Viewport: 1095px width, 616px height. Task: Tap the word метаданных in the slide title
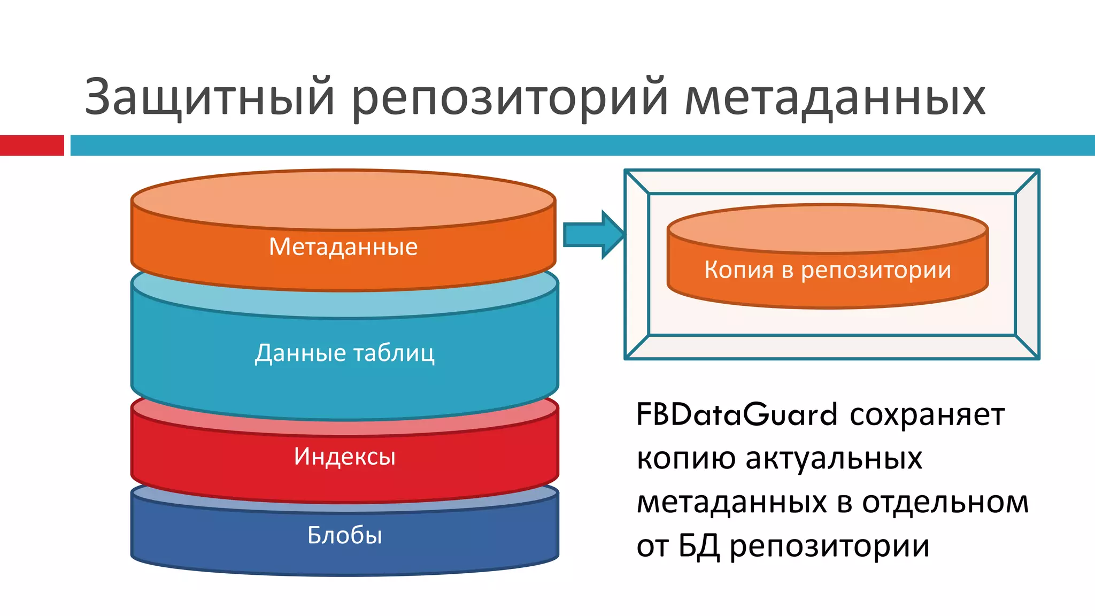[x=835, y=98]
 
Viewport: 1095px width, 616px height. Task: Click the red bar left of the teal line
[x=32, y=145]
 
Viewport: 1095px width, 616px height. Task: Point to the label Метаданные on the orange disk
[x=343, y=247]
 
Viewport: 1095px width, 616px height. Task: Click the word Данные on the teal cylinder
[x=300, y=353]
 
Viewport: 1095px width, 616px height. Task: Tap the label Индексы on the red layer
[x=344, y=457]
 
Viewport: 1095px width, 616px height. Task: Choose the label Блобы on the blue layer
[x=344, y=535]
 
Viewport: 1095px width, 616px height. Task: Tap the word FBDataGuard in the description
[x=736, y=415]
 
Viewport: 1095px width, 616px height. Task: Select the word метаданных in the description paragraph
[x=731, y=503]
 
